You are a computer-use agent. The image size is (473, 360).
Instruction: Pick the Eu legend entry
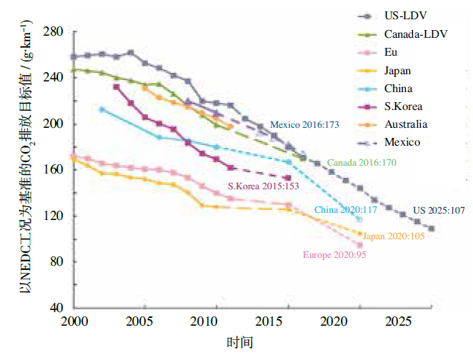click(x=390, y=52)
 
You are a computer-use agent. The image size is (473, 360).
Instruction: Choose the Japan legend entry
click(x=397, y=70)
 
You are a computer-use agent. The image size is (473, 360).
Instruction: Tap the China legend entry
click(x=397, y=89)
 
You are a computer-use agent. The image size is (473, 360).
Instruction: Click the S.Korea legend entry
click(x=402, y=106)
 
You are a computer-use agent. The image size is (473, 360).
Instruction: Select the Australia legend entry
click(x=404, y=124)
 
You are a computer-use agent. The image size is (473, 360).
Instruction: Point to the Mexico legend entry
click(x=401, y=142)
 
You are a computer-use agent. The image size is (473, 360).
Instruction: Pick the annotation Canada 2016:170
click(x=362, y=163)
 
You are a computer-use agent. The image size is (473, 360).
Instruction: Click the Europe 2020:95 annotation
click(x=334, y=254)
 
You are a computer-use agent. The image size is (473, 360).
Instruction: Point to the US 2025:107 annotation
click(x=439, y=210)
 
